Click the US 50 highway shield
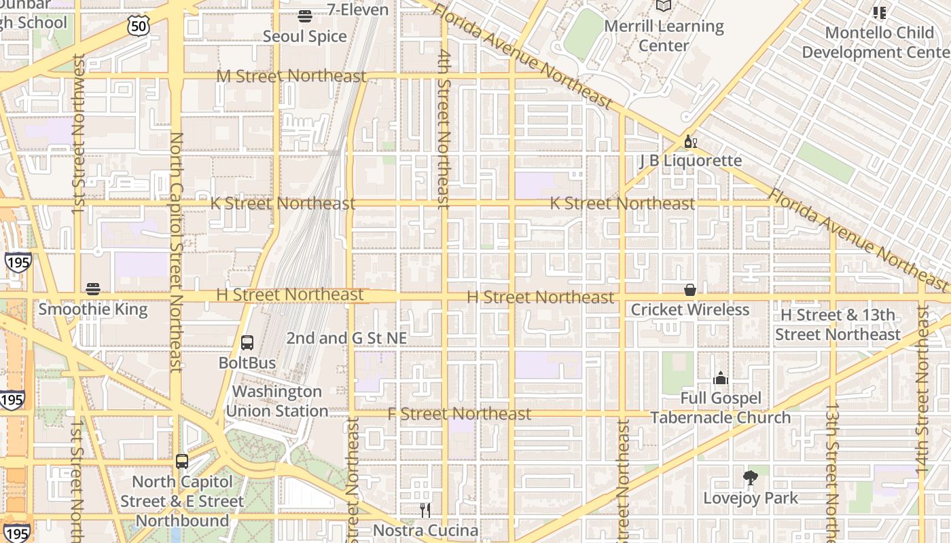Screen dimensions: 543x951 point(137,26)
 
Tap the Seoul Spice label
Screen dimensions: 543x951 point(304,37)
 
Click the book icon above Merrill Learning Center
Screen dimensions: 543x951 point(664,6)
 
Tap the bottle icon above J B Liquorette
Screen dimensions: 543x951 point(690,141)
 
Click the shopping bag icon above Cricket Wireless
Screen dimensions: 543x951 point(690,290)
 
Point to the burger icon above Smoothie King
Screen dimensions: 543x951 point(93,289)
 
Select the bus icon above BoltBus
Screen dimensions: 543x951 point(247,343)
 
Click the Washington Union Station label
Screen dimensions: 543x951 point(277,401)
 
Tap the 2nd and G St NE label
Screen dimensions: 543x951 point(346,338)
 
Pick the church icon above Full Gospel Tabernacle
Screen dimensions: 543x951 point(721,378)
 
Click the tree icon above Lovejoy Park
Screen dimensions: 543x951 point(751,478)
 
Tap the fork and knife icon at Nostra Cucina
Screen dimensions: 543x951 point(425,510)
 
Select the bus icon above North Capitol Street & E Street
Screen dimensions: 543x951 point(182,462)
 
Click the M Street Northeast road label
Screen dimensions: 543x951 point(291,76)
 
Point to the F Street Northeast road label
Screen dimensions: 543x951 point(459,413)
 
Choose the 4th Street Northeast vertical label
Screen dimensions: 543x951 point(444,129)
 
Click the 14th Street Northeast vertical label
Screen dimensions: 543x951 point(922,388)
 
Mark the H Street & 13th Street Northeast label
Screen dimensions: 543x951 point(838,324)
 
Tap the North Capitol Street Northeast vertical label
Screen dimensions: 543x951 point(176,251)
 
